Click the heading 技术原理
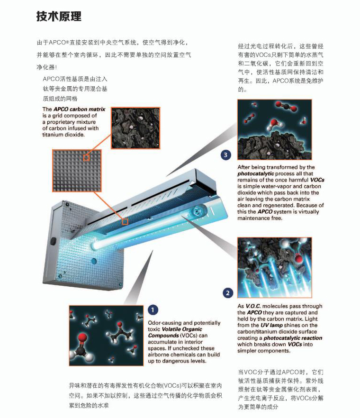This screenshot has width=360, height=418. tap(59, 16)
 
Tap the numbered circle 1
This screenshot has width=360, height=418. tap(153, 310)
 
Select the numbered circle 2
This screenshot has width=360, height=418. tap(228, 293)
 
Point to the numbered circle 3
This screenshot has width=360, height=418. tap(225, 155)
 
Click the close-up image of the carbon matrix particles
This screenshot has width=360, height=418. tap(135, 128)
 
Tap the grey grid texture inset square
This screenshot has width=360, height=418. tap(77, 171)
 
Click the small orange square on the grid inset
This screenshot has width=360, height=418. tap(86, 158)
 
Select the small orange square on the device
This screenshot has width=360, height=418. tap(125, 221)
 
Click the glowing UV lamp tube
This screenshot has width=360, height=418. tap(139, 234)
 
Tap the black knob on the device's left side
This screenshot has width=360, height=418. tap(54, 241)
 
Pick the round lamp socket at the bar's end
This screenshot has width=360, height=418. tap(197, 211)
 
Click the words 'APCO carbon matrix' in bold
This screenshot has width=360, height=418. tap(80, 109)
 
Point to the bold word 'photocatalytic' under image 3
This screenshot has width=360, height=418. tap(255, 174)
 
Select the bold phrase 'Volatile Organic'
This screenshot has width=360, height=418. tap(182, 329)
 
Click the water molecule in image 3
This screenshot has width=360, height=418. tap(274, 124)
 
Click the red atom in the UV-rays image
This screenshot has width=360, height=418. tap(299, 258)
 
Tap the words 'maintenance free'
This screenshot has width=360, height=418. tap(260, 218)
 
